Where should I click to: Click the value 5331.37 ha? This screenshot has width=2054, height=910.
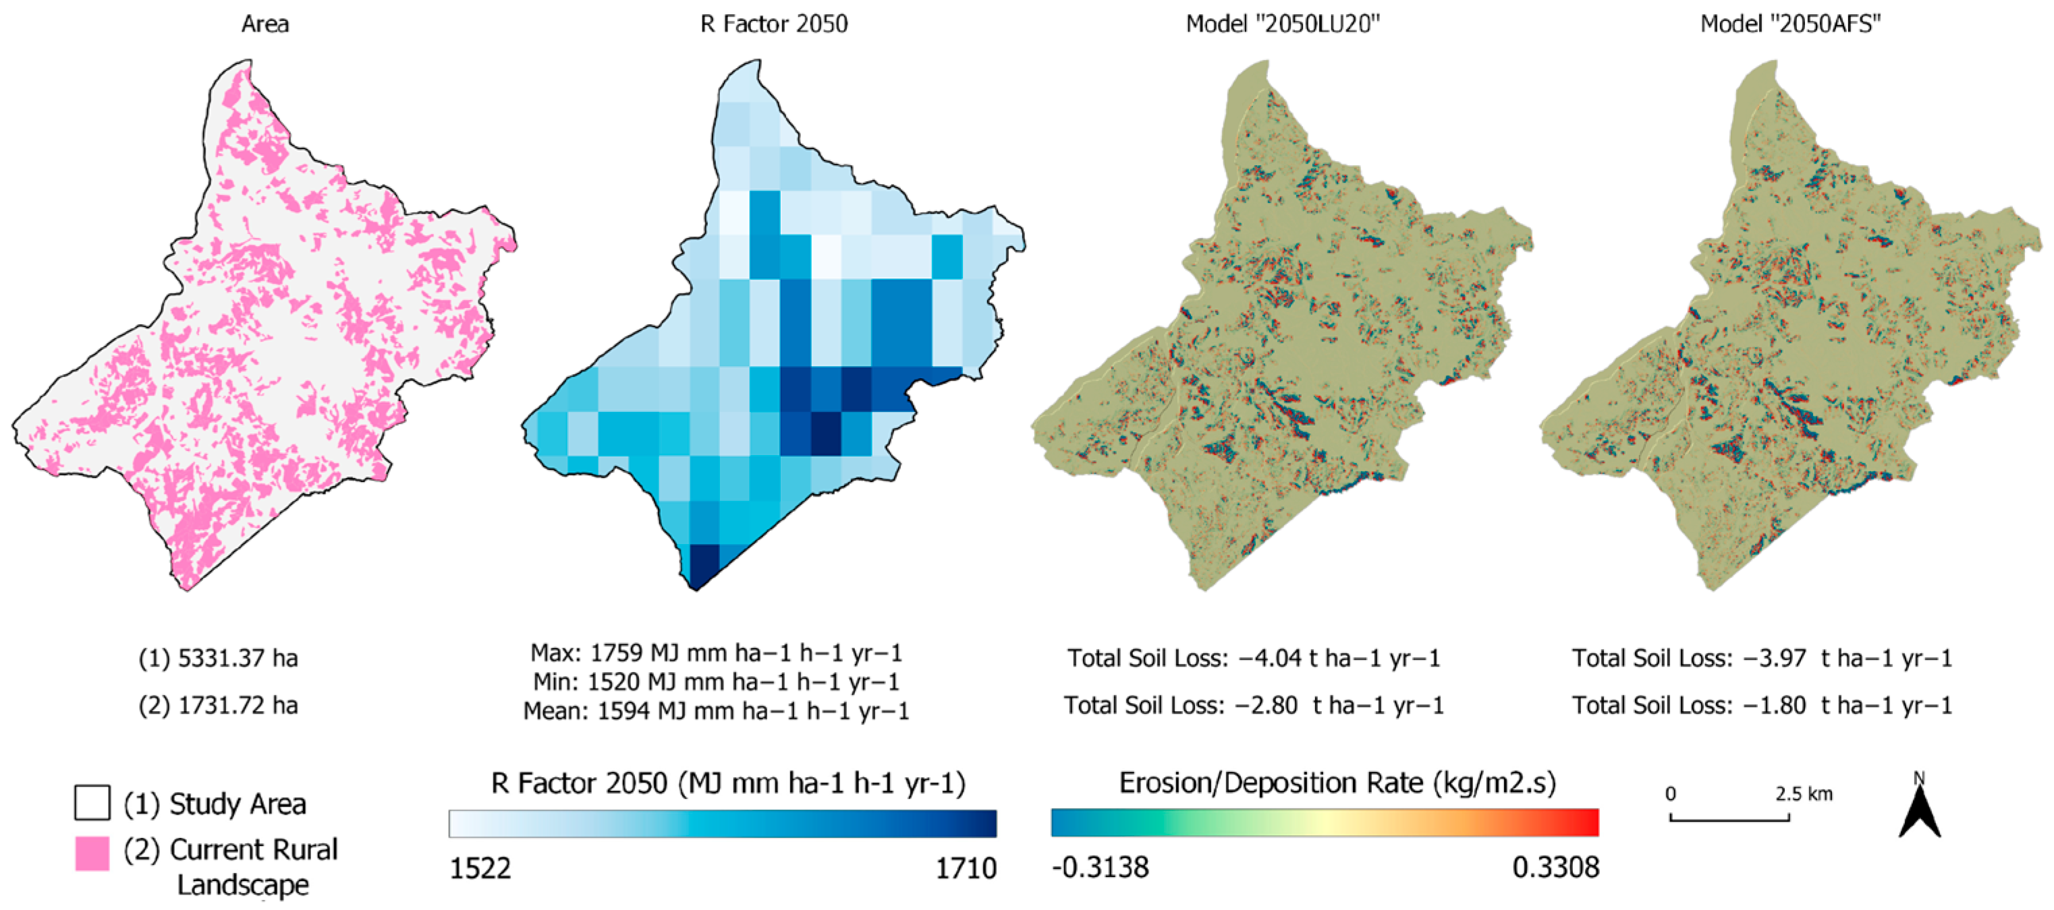(237, 658)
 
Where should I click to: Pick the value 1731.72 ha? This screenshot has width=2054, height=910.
(237, 705)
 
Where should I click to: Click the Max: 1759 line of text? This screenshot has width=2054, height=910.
(715, 653)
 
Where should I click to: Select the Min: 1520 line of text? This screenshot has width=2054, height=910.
(715, 682)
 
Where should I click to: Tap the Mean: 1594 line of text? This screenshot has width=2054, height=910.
(715, 710)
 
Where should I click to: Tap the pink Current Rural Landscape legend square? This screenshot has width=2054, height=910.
(92, 853)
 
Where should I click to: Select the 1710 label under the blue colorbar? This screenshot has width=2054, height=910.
(966, 868)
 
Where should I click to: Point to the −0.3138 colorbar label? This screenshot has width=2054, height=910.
(1101, 868)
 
